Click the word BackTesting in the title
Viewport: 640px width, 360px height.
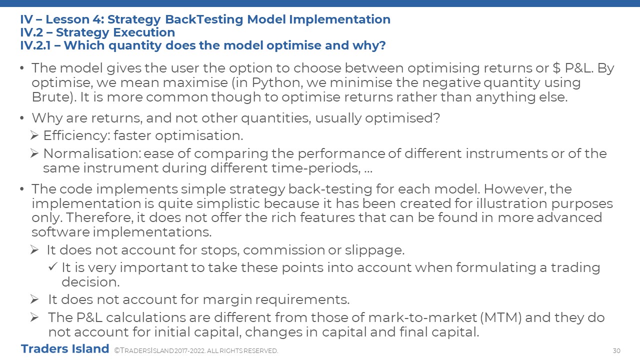[204, 19]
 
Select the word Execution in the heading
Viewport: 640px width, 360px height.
[144, 32]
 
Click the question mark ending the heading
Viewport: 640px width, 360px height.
[381, 45]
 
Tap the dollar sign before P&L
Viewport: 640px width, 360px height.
[556, 68]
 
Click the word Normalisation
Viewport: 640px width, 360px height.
[92, 153]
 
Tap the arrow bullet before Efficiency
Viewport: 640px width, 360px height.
[34, 135]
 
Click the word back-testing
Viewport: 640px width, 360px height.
[330, 189]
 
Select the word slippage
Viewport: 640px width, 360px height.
[374, 250]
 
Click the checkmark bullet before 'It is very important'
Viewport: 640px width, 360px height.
[53, 267]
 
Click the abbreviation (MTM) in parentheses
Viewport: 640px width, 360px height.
[501, 317]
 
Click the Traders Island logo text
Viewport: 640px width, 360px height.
[65, 349]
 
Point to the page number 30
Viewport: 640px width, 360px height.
[616, 350]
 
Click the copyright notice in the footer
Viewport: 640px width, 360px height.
[196, 350]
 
